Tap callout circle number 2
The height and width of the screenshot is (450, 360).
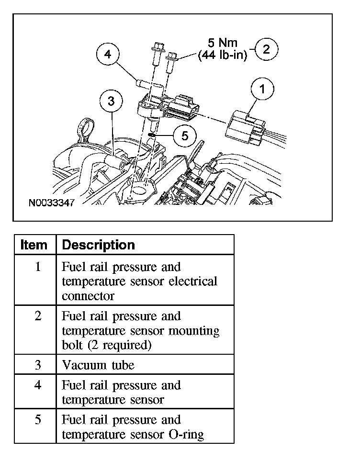click(267, 49)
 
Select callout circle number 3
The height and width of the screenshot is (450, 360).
click(112, 101)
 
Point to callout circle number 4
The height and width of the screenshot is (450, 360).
click(108, 55)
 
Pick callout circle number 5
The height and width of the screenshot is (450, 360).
click(185, 135)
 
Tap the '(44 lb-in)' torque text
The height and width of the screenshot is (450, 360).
click(223, 56)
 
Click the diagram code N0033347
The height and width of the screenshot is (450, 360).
click(52, 202)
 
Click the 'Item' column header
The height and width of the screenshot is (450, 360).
click(34, 245)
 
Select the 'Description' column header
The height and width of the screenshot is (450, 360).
click(99, 245)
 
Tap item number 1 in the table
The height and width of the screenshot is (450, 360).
click(37, 267)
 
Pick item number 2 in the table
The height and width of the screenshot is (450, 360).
click(37, 316)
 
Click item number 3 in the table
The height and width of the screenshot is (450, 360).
click(37, 365)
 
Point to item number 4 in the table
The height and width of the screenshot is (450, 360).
click(37, 385)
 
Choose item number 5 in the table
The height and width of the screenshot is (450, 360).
click(37, 420)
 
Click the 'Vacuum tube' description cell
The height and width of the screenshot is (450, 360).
click(98, 365)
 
